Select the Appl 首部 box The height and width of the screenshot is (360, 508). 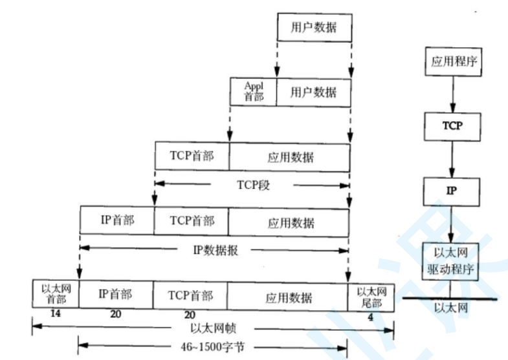pyautogui.click(x=254, y=91)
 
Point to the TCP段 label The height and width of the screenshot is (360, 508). pyautogui.click(x=252, y=183)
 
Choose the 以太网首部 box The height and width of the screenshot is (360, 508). pyautogui.click(x=55, y=295)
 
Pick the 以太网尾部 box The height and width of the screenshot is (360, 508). pyautogui.click(x=371, y=295)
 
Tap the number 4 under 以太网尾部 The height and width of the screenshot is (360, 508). pyautogui.click(x=370, y=318)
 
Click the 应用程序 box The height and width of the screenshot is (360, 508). pyautogui.click(x=453, y=63)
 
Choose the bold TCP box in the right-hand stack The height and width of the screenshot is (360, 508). pyautogui.click(x=453, y=126)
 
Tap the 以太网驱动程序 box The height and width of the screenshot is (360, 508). pyautogui.click(x=453, y=262)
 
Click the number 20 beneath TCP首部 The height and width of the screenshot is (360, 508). pyautogui.click(x=190, y=314)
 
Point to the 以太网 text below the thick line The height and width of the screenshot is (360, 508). pyautogui.click(x=452, y=309)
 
